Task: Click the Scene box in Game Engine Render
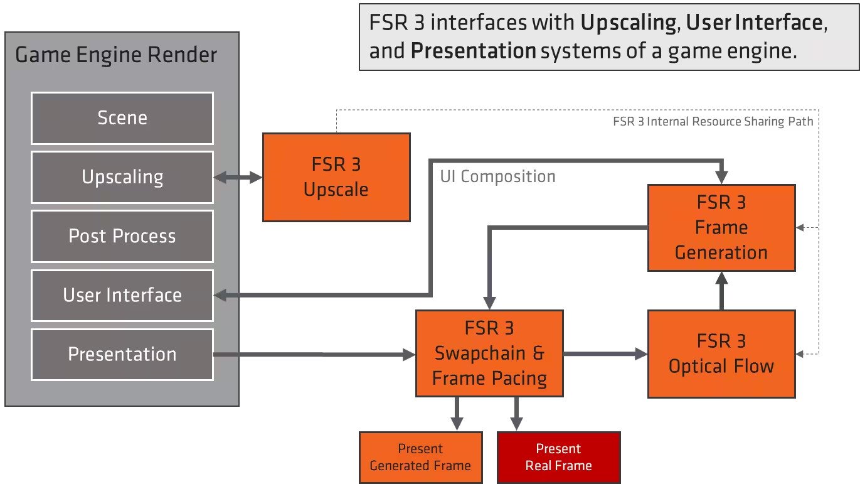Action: (x=122, y=118)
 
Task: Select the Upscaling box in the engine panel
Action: (x=122, y=177)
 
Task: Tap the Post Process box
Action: (x=122, y=236)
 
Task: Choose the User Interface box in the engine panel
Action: (x=122, y=295)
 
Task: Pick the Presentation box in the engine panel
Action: (x=122, y=354)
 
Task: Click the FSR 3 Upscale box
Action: (x=336, y=177)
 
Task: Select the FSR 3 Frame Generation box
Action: (x=721, y=227)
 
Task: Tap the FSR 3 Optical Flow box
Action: (x=721, y=353)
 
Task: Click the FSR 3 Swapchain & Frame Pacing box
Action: (x=489, y=353)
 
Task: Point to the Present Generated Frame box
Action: (x=420, y=457)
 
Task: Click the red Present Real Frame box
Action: (x=558, y=457)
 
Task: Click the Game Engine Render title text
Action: (x=116, y=55)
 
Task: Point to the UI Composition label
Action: (x=497, y=176)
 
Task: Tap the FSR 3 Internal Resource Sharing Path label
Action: (x=713, y=121)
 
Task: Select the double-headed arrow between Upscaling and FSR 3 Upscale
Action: (x=238, y=178)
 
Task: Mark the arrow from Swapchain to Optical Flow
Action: (x=605, y=354)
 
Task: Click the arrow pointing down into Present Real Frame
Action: (x=516, y=414)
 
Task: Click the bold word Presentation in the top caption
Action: (x=473, y=51)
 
